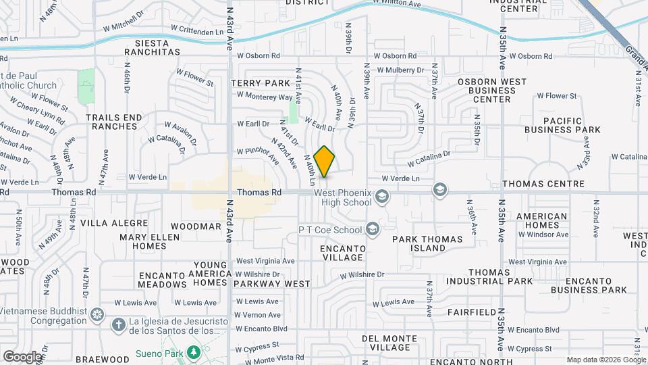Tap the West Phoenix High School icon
(382, 197)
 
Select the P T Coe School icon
(372, 230)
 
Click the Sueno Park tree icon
(194, 351)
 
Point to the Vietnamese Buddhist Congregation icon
(98, 314)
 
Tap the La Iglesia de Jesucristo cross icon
(118, 325)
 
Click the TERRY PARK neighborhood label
(260, 82)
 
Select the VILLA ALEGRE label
(113, 222)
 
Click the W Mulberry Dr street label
(400, 70)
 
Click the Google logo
(22, 356)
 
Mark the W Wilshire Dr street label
(362, 275)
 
